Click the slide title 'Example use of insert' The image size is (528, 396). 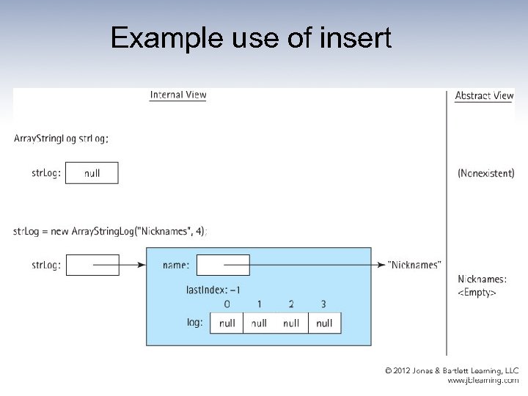click(x=251, y=38)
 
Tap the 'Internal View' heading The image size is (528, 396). click(x=178, y=95)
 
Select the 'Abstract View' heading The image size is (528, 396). click(x=484, y=95)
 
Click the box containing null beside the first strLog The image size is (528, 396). click(x=92, y=173)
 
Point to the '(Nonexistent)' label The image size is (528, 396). click(x=485, y=174)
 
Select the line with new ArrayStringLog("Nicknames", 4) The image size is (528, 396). click(x=110, y=231)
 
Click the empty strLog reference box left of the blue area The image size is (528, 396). click(x=92, y=265)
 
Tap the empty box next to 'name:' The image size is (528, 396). click(x=223, y=265)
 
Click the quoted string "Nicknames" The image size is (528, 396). click(x=414, y=265)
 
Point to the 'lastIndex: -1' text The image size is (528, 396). click(x=213, y=290)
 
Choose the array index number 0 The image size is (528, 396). click(x=227, y=304)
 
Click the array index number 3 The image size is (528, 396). click(x=323, y=304)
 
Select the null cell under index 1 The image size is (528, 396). click(x=259, y=323)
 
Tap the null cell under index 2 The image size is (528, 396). click(x=291, y=323)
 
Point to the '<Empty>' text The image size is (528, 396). click(x=477, y=293)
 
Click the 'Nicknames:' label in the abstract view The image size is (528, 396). click(x=482, y=279)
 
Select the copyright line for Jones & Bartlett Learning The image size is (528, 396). click(x=452, y=371)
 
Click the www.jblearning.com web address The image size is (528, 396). click(x=483, y=381)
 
